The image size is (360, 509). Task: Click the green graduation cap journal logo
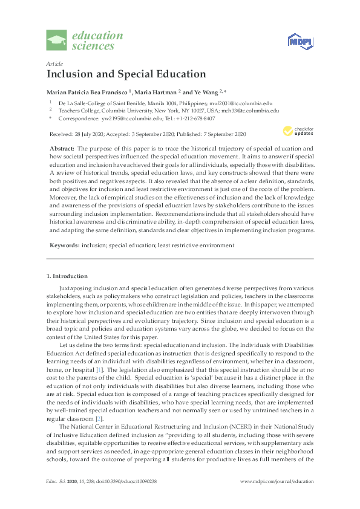pos(57,41)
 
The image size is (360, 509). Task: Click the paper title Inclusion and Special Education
pos(126,74)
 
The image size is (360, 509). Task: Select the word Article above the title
pos(54,63)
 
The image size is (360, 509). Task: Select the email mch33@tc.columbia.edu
pos(249,111)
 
